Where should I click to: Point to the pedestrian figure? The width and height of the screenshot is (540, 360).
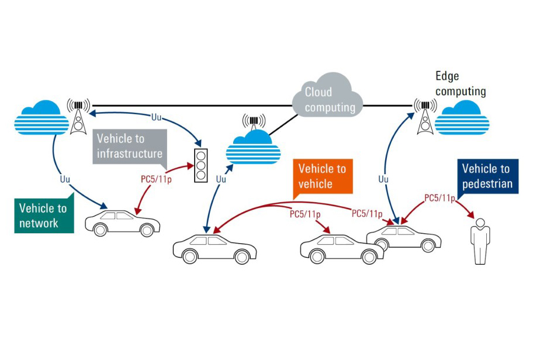click(480, 240)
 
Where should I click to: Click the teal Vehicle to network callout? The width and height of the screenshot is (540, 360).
click(43, 215)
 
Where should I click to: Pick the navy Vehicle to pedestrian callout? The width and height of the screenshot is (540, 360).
click(486, 176)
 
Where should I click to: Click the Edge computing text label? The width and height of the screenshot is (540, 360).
click(460, 84)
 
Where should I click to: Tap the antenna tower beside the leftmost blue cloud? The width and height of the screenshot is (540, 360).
click(78, 116)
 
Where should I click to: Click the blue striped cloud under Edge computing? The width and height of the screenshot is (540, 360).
click(462, 117)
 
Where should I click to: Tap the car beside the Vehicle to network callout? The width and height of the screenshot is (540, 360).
click(123, 223)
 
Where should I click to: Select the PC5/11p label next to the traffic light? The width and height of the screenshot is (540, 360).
click(156, 179)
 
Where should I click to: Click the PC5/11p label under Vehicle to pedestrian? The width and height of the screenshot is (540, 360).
click(439, 198)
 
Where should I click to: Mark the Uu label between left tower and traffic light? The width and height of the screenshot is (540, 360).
click(156, 117)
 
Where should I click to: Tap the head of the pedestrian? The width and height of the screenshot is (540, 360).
click(480, 223)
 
